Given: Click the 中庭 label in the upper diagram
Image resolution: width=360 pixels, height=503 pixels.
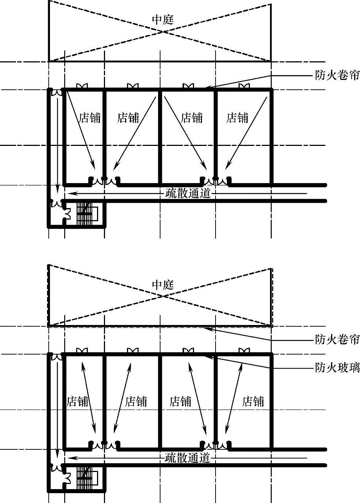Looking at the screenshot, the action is point(163,20).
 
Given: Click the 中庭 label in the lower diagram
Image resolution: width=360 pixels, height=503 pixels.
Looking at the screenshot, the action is point(163,285).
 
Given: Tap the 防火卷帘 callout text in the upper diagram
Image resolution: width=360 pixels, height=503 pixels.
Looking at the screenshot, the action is point(337,76).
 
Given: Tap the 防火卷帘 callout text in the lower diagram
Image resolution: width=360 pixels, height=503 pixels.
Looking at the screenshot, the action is point(337,340).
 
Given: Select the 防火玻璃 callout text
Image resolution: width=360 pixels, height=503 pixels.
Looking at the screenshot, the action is point(337,367).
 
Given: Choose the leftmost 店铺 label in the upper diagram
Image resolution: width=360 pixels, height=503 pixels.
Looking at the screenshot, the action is point(89,118).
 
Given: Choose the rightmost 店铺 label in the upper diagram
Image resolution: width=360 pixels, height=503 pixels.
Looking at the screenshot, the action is point(237,118).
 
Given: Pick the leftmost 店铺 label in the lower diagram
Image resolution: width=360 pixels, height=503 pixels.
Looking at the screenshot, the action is point(78,402).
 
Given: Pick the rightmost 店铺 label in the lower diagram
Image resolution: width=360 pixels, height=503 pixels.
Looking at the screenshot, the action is point(253,402).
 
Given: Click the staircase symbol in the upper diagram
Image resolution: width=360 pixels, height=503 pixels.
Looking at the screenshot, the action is point(87,213).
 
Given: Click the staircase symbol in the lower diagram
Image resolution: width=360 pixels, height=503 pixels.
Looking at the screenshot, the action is point(87,478).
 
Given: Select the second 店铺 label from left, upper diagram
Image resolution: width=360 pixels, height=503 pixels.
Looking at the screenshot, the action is point(128,118).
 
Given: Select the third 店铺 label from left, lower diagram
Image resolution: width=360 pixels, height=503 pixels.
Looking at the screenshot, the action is point(180,402).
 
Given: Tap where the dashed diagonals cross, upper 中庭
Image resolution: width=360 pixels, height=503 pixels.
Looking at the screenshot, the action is point(162,31).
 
